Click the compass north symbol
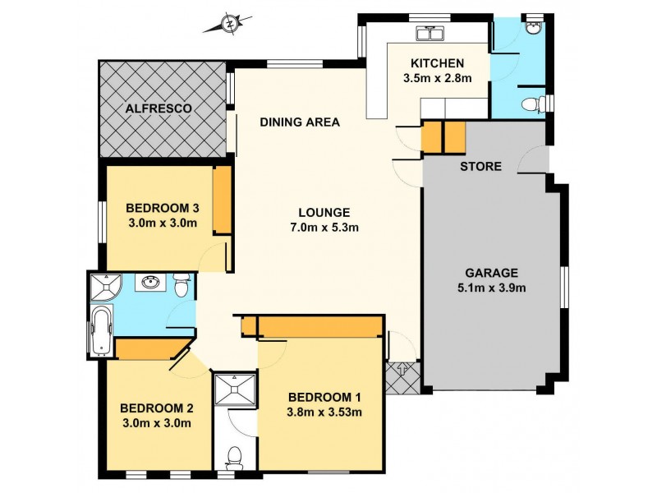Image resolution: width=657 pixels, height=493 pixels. tap(230, 24)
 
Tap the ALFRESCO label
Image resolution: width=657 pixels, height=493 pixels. tap(159, 108)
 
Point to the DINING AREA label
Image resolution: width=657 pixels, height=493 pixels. tap(300, 122)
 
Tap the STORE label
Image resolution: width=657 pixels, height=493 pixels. tap(480, 167)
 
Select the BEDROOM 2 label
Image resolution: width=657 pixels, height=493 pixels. tap(156, 408)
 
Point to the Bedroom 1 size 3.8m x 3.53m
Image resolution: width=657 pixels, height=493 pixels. tap(324, 412)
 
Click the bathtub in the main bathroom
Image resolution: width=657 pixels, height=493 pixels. tap(102, 331)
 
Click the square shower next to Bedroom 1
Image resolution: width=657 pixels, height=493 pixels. tap(235, 389)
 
